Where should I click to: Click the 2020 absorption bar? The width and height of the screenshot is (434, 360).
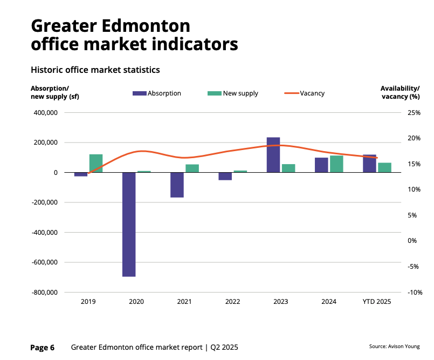coord(129,224)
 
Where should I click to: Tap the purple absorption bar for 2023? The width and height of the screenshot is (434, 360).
coord(273,155)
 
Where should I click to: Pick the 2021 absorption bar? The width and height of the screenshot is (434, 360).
coord(177,185)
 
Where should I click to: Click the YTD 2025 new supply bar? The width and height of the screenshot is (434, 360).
coord(384,167)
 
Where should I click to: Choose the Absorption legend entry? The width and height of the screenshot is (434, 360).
coord(157,93)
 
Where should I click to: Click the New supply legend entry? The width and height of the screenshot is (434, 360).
coord(233,93)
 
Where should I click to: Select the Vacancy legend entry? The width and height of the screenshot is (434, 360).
coord(305,93)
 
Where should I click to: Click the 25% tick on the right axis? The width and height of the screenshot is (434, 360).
coord(414,113)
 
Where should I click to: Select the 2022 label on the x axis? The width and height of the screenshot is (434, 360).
coord(232,302)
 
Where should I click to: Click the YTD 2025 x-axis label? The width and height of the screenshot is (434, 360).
coord(377,302)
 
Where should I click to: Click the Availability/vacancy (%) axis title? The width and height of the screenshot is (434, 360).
coord(400,92)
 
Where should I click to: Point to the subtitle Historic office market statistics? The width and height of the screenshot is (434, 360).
coord(95,70)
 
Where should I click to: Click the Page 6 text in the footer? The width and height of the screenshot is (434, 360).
coord(43,348)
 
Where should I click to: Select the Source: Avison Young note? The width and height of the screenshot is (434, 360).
coord(394,347)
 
